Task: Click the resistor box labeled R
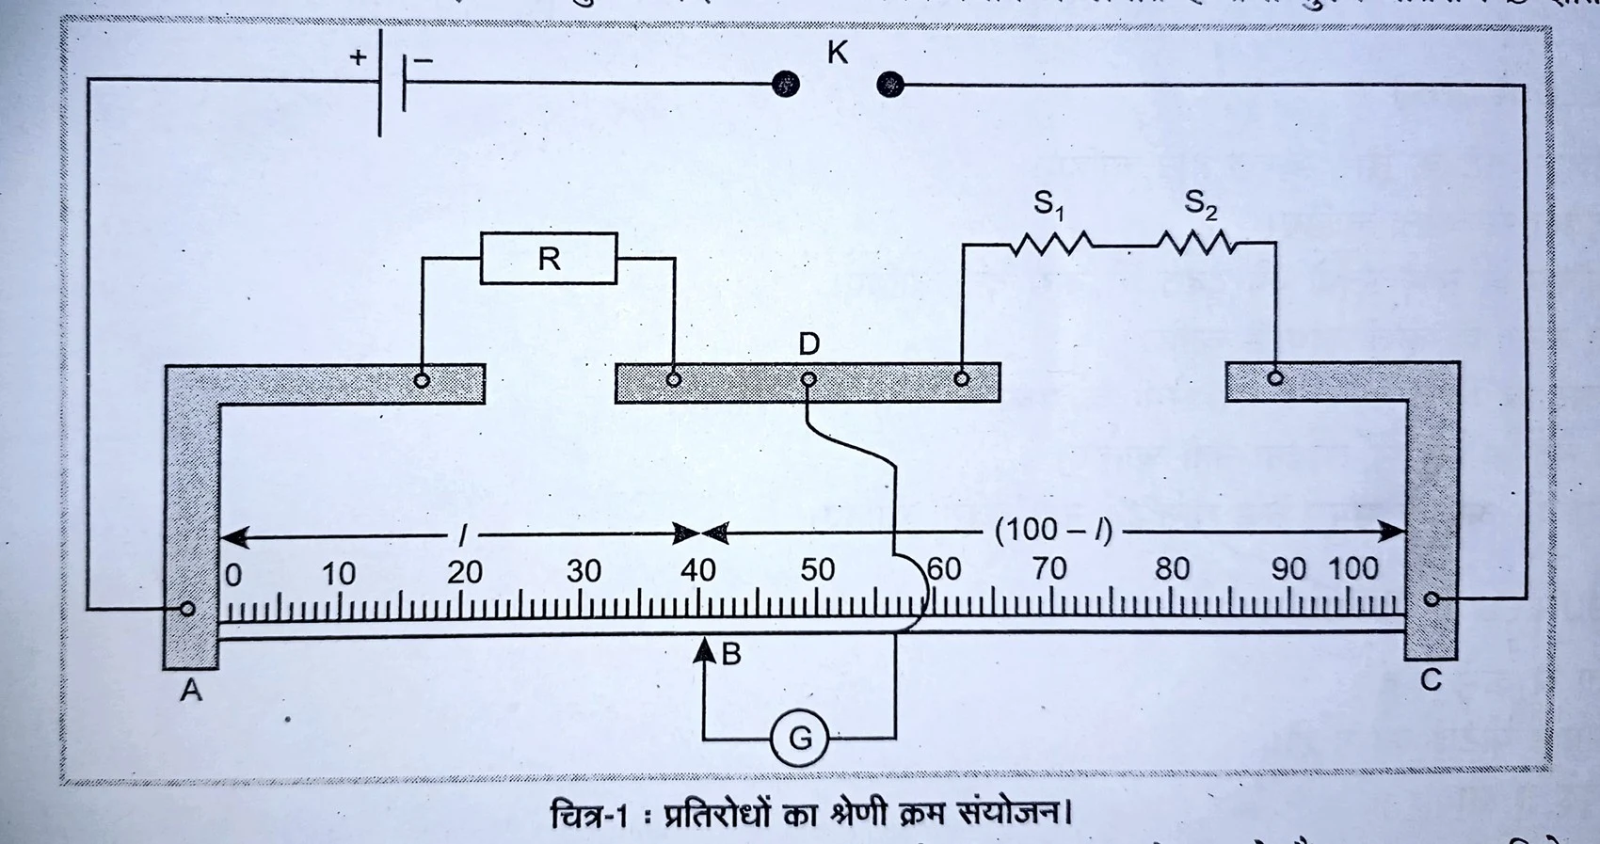pyautogui.click(x=549, y=258)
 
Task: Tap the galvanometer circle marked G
pyautogui.click(x=799, y=738)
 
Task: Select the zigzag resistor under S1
pyautogui.click(x=1051, y=245)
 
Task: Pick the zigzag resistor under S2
pyautogui.click(x=1196, y=245)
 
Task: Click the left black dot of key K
pyautogui.click(x=786, y=85)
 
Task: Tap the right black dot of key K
pyautogui.click(x=889, y=86)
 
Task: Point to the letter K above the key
pyautogui.click(x=837, y=53)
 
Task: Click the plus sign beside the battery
pyautogui.click(x=358, y=57)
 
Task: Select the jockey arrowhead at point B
pyautogui.click(x=704, y=649)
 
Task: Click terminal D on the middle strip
pyautogui.click(x=808, y=379)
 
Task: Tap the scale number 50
pyautogui.click(x=817, y=569)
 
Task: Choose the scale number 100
pyautogui.click(x=1352, y=568)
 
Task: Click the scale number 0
pyautogui.click(x=233, y=574)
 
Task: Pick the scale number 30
pyautogui.click(x=584, y=570)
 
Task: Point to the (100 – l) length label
pyautogui.click(x=1054, y=531)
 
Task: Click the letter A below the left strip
pyautogui.click(x=191, y=691)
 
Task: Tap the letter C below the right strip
pyautogui.click(x=1431, y=680)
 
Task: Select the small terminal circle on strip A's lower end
pyautogui.click(x=187, y=609)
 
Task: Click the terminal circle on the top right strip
pyautogui.click(x=1275, y=378)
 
